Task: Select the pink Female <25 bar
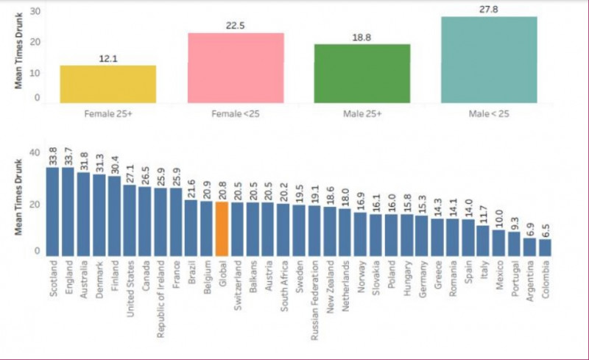[x=236, y=68]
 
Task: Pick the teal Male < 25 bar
[x=488, y=60]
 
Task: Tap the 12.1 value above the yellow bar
[x=108, y=58]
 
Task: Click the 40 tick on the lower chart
[x=33, y=152]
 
